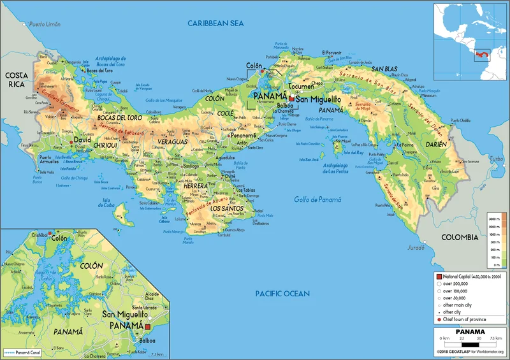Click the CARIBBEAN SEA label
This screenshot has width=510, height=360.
coord(216,23)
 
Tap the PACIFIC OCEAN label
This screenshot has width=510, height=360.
coord(282,294)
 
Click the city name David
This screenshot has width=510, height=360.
coord(82,139)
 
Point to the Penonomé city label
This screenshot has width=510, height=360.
coord(243,136)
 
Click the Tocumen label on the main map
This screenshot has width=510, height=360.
coord(301,87)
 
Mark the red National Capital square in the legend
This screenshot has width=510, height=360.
coord(439,275)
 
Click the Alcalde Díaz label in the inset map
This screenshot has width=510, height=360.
coord(151,295)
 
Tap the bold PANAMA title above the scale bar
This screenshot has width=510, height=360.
coord(470,332)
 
